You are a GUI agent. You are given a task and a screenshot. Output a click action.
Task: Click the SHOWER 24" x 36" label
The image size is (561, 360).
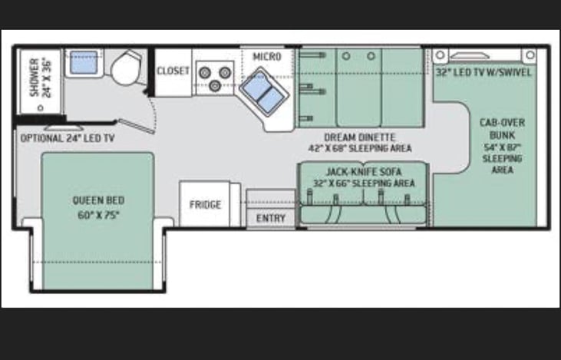click(x=41, y=78)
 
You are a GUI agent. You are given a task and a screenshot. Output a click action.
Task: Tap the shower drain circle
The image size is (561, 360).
click(x=41, y=107)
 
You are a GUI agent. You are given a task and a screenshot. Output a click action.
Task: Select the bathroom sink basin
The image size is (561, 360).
click(x=84, y=63)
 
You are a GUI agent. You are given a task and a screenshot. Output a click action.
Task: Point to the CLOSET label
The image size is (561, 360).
click(x=173, y=71)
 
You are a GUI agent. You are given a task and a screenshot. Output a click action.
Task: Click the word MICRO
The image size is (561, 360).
click(x=267, y=57)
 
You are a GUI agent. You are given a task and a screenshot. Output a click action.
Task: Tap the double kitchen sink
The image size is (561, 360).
click(x=264, y=92)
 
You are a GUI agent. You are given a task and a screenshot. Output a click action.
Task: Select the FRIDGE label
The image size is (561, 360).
click(x=205, y=205)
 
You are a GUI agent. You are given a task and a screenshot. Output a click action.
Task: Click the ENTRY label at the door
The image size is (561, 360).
click(x=271, y=218)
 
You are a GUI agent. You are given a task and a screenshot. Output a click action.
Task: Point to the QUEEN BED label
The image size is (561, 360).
click(x=98, y=200)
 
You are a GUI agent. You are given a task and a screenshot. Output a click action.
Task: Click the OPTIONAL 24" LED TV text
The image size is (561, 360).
click(x=68, y=138)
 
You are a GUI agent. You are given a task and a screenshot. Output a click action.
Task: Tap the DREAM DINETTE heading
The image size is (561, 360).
click(x=360, y=137)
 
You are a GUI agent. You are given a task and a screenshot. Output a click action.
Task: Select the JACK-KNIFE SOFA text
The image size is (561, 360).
click(x=364, y=172)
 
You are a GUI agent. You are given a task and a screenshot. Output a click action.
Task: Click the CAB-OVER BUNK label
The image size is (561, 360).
click(x=502, y=129)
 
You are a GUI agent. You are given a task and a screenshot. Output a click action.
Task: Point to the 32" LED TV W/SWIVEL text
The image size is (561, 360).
click(x=483, y=73)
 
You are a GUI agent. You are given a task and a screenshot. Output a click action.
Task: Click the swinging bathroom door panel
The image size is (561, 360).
click(x=137, y=127)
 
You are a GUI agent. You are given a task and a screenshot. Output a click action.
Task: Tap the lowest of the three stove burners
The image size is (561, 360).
click(x=215, y=86)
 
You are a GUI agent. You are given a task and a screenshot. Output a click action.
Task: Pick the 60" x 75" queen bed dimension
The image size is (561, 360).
click(x=98, y=215)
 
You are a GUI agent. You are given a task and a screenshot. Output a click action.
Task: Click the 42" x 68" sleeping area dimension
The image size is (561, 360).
click(x=360, y=148)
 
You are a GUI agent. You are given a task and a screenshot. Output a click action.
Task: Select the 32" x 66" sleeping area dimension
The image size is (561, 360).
click(x=364, y=183)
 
